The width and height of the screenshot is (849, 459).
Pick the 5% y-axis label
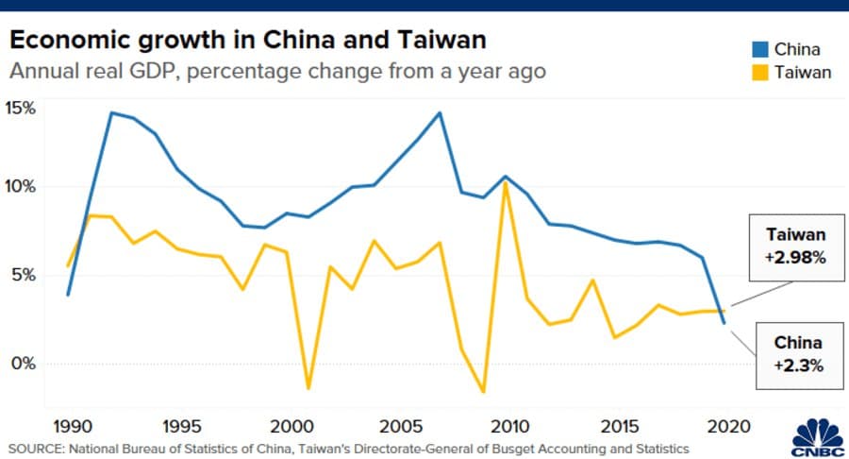coord(23,275)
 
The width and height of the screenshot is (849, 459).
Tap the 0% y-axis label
coord(23,364)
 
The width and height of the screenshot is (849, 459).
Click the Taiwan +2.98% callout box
coord(795,246)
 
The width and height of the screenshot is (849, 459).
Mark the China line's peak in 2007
coord(440,113)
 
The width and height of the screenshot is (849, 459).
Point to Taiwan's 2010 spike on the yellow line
coord(506,182)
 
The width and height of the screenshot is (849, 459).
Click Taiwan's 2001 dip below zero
coord(308,388)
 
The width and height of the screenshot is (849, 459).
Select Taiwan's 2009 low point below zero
coord(484,391)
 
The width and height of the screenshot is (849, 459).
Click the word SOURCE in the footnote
coord(35,447)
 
